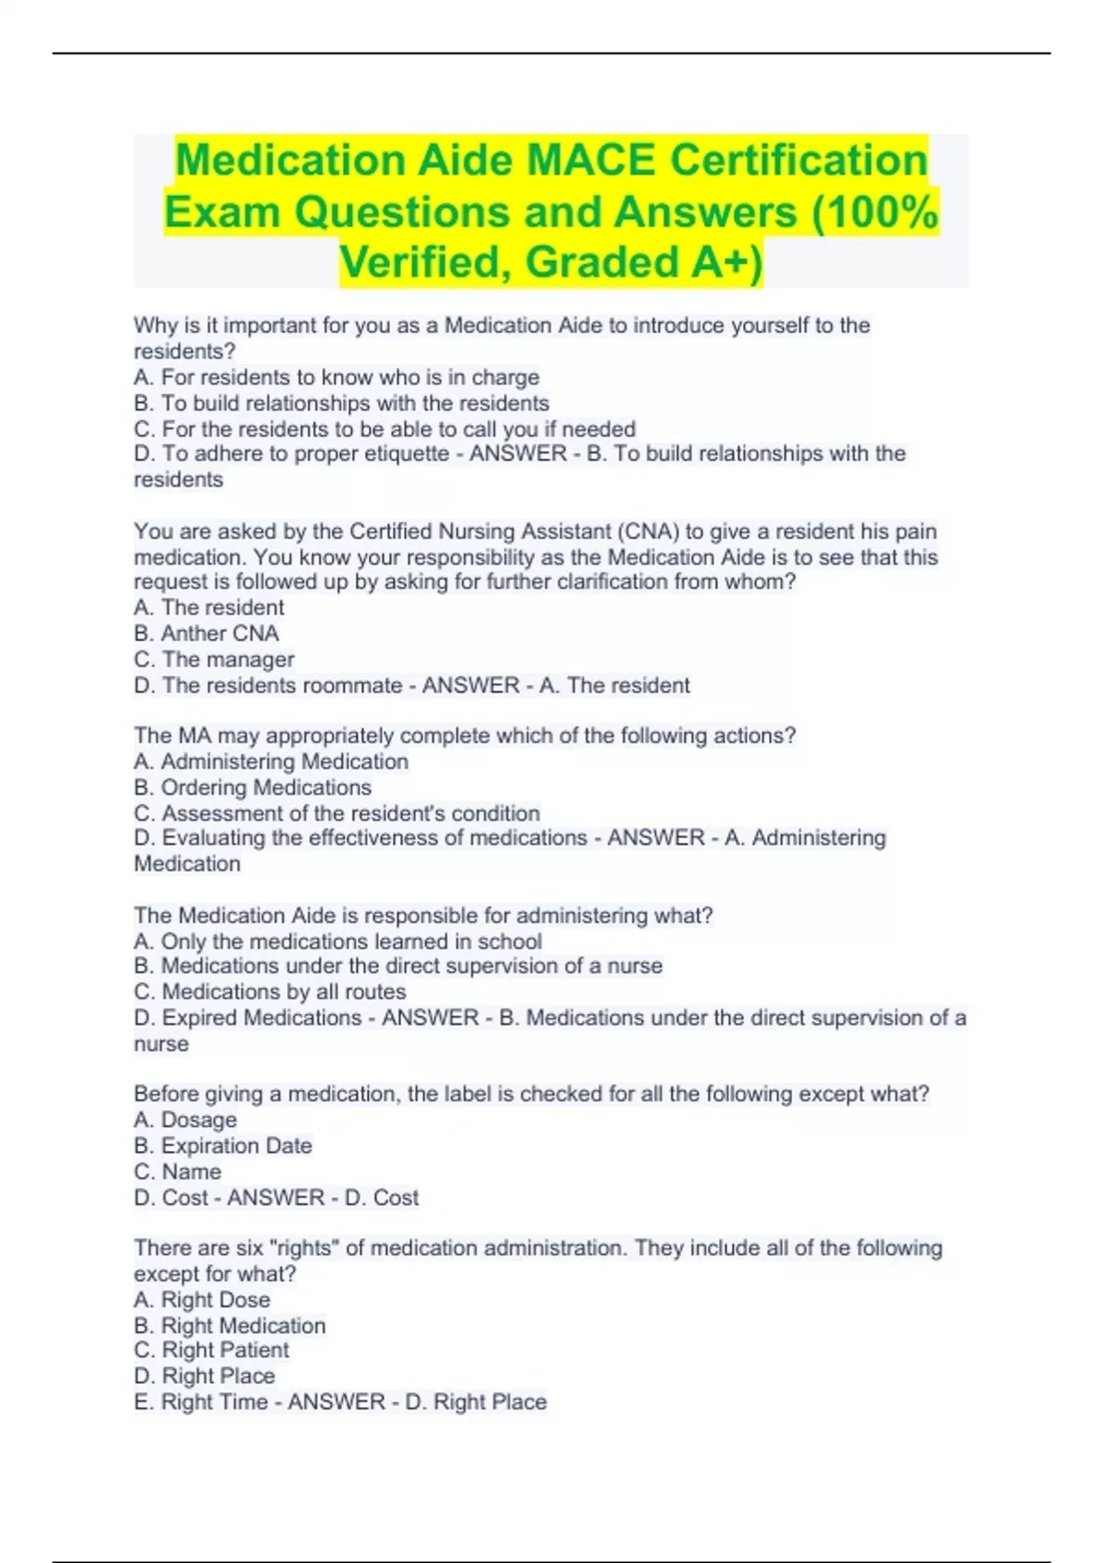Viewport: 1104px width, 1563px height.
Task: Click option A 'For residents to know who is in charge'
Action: pyautogui.click(x=337, y=377)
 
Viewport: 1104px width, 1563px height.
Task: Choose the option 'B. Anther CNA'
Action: pyautogui.click(x=206, y=633)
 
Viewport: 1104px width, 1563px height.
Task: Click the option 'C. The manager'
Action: pyautogui.click(x=213, y=659)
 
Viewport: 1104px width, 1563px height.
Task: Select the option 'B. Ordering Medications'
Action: pyautogui.click(x=252, y=788)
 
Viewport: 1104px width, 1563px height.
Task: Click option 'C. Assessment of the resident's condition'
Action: pyautogui.click(x=337, y=814)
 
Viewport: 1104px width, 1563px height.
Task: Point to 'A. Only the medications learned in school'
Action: pyautogui.click(x=338, y=941)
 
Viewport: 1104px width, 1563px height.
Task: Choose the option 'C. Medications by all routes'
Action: pyautogui.click(x=270, y=992)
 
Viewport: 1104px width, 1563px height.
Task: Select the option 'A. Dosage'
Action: pyautogui.click(x=185, y=1120)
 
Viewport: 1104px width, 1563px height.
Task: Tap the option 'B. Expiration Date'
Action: pyautogui.click(x=223, y=1146)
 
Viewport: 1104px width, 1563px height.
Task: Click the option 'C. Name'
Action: pyautogui.click(x=178, y=1171)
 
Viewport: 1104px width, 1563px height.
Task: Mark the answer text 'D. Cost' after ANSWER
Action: pyautogui.click(x=382, y=1197)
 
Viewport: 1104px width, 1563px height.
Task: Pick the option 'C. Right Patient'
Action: pyautogui.click(x=212, y=1350)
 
